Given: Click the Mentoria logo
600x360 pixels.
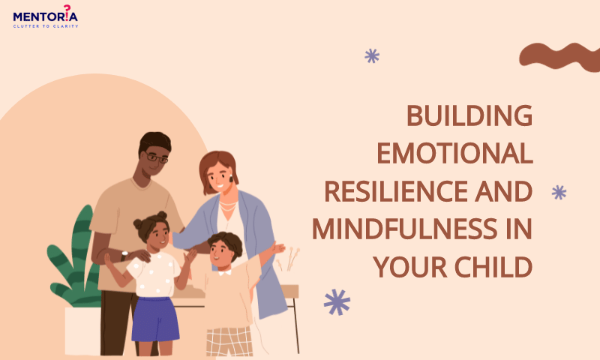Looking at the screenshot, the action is click(46, 16).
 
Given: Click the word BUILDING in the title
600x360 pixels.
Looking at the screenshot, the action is click(469, 115).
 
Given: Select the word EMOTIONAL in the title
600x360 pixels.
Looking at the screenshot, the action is click(455, 153).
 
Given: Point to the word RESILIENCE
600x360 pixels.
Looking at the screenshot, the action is click(396, 191).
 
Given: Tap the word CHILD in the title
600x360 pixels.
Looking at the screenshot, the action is click(493, 267).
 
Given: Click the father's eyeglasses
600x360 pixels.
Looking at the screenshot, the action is click(156, 157).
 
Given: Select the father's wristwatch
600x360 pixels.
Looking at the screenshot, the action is click(124, 255).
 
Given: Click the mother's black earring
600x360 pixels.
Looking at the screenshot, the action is click(231, 178).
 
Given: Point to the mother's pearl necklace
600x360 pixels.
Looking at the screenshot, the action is click(228, 206).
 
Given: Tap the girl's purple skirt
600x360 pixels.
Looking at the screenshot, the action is click(155, 319).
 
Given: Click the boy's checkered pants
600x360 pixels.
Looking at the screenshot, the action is click(229, 341).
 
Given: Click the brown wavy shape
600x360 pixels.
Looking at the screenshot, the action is click(559, 56).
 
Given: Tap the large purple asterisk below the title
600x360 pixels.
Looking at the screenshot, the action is click(337, 301).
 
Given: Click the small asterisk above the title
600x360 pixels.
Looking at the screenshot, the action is click(372, 55).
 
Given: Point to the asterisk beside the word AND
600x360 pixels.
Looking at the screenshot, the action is click(559, 192).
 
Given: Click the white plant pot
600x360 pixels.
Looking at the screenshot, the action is click(82, 331).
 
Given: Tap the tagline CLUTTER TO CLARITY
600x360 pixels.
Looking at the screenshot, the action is click(46, 26).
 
